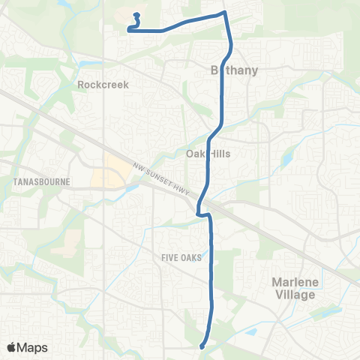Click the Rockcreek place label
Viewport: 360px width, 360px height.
(x=103, y=85)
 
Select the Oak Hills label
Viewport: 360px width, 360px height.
(x=208, y=153)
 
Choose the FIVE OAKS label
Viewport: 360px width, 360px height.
(x=181, y=257)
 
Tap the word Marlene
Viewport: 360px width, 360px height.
(x=289, y=281)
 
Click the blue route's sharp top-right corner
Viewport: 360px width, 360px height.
(x=223, y=13)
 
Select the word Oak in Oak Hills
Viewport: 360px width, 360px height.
(x=195, y=153)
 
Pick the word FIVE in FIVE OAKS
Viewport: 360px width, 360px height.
(x=170, y=257)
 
